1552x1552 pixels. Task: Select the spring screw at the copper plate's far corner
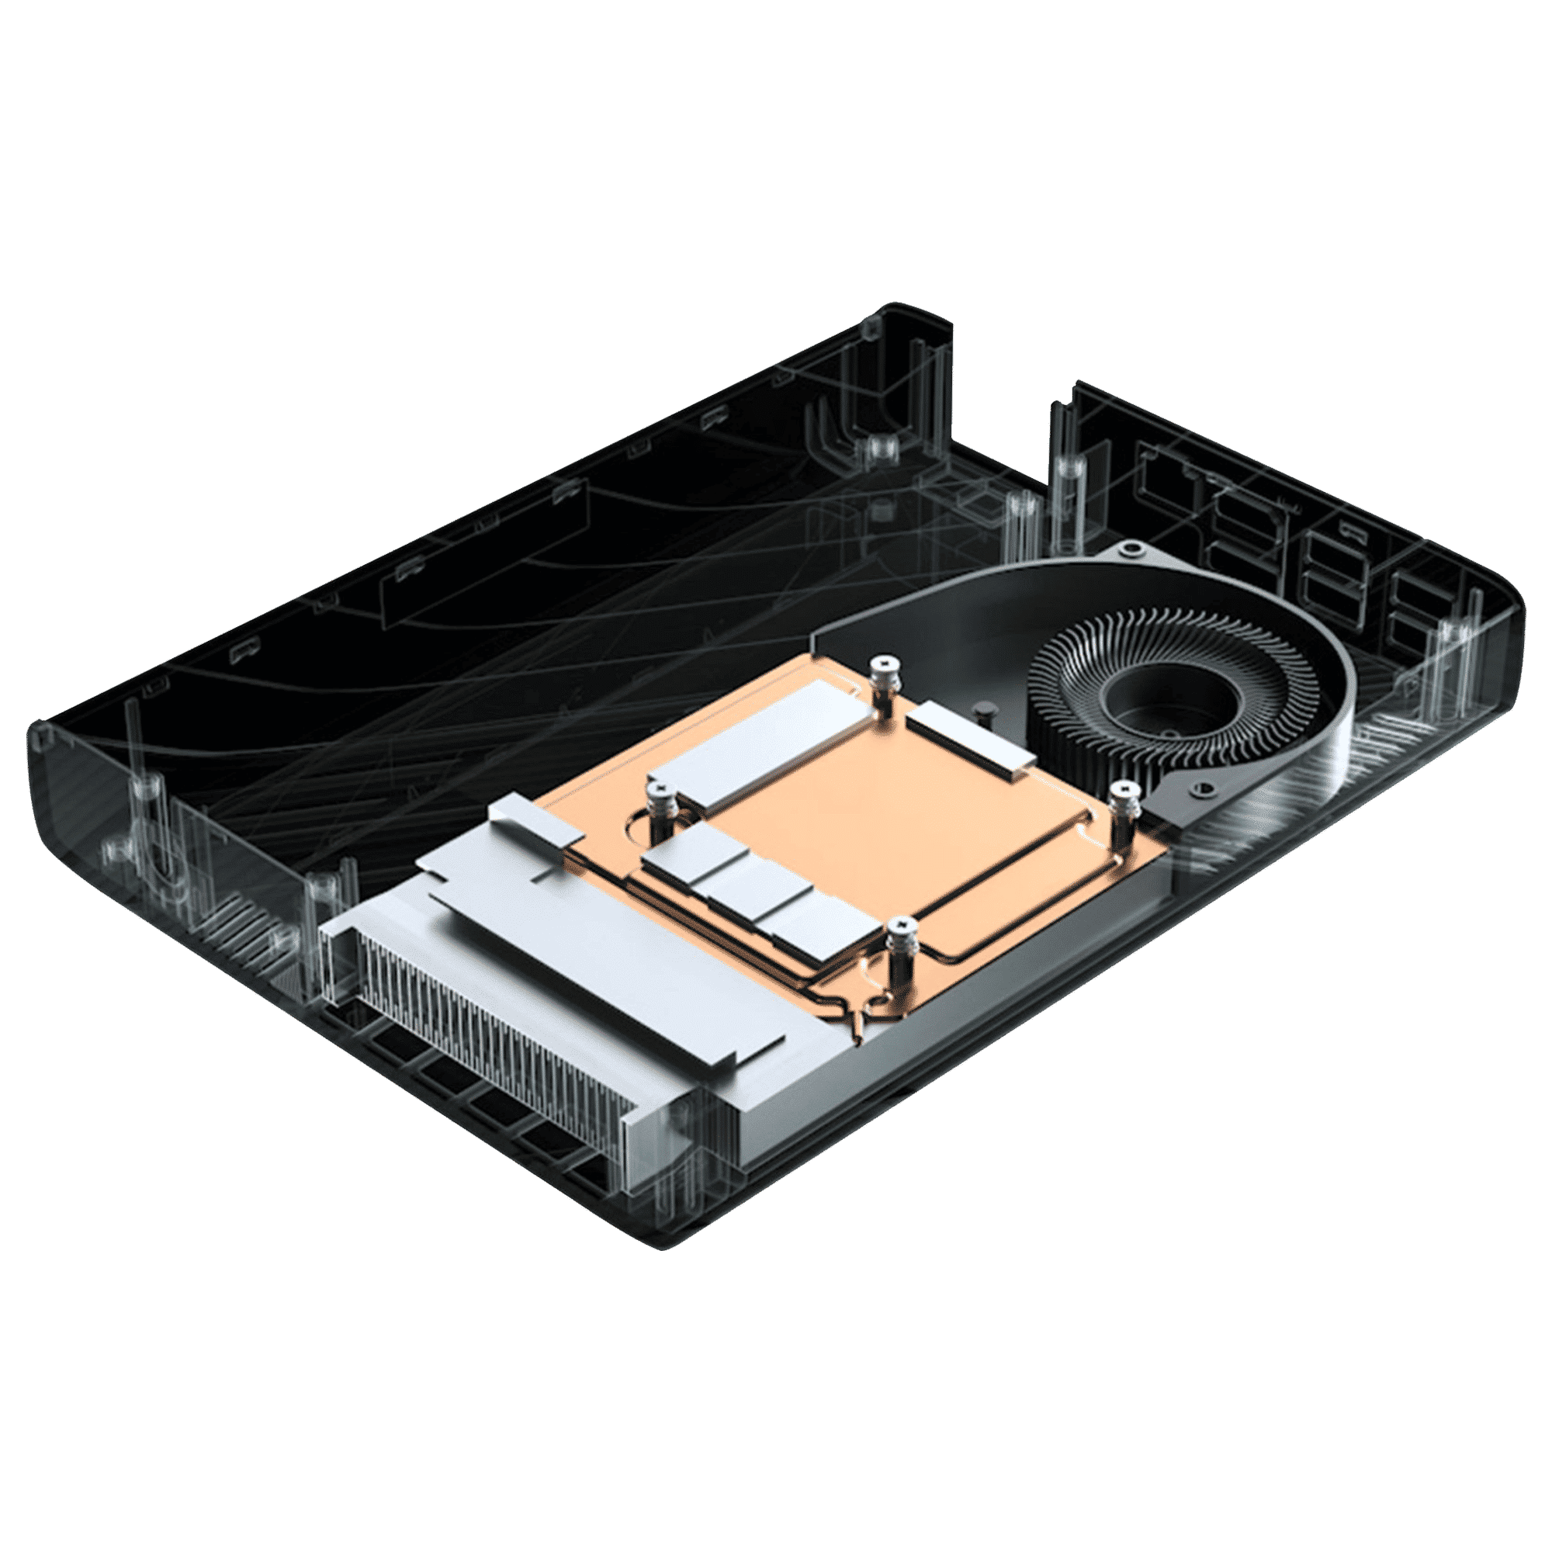click(x=884, y=667)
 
